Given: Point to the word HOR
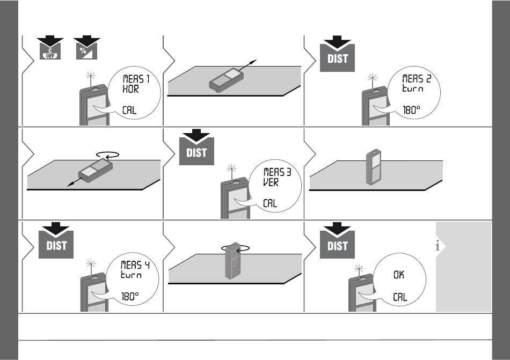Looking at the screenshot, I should [129, 90].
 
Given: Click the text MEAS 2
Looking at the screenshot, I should [417, 79].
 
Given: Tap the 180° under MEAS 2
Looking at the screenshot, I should [413, 111].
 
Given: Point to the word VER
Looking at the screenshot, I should [271, 182].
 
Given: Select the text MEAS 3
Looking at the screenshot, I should [277, 172].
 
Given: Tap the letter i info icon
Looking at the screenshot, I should [439, 246].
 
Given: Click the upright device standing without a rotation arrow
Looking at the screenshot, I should [374, 168].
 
